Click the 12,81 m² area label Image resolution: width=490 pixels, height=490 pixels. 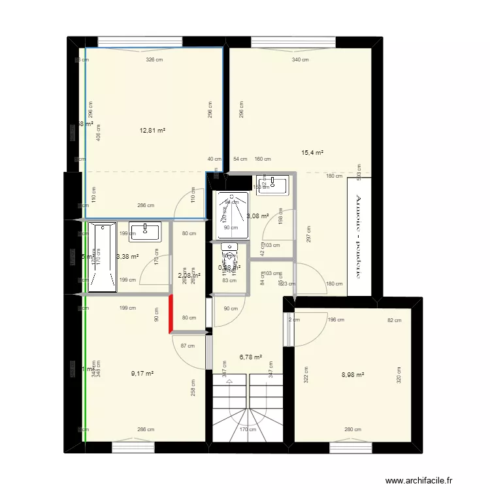point(152,131)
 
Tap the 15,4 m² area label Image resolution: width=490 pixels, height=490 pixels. point(312,153)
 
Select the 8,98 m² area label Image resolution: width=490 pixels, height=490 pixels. point(353,375)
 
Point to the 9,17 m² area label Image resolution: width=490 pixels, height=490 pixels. point(142,374)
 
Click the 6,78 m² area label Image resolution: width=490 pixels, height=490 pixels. point(251,357)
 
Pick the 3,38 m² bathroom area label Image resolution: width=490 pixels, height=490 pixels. point(127,257)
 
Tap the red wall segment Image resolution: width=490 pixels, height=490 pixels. point(172,314)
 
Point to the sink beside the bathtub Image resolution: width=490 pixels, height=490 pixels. point(146,230)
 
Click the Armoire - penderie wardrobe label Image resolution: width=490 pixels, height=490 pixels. point(357,236)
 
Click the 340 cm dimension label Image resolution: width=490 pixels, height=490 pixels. point(300,60)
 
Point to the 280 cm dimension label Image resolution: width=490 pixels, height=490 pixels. point(353,429)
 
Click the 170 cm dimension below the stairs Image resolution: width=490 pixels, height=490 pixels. point(248,430)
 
